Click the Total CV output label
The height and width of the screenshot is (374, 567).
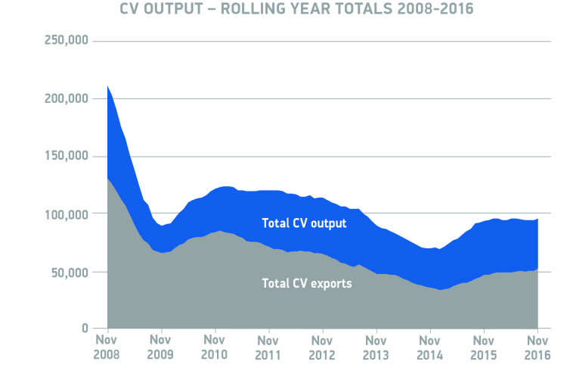point(304,223)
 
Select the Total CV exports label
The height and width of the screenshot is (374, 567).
point(306,284)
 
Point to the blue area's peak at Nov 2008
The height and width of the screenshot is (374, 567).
point(108,86)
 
